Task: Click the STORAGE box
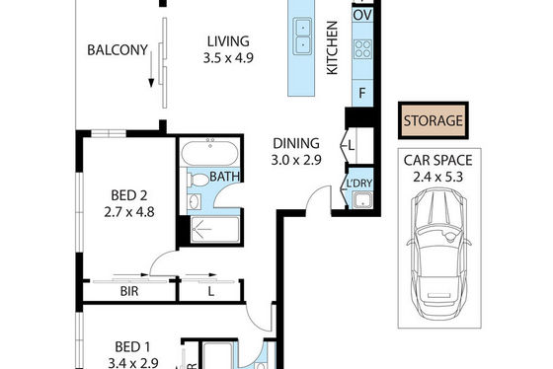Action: (x=434, y=120)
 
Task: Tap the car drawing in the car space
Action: (x=438, y=253)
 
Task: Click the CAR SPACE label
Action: (x=437, y=161)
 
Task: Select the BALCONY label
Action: (x=118, y=50)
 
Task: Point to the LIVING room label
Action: (x=228, y=41)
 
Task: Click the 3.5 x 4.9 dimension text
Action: (x=228, y=58)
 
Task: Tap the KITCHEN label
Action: (x=332, y=48)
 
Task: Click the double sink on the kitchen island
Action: (x=302, y=37)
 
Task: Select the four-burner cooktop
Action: (x=362, y=49)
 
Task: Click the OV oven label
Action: (x=362, y=16)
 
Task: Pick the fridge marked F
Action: (x=362, y=93)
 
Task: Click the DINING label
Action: (x=296, y=143)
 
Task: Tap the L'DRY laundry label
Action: (x=359, y=184)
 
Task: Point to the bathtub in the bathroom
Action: (x=209, y=153)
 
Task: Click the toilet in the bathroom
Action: (x=198, y=181)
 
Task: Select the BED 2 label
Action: (x=129, y=195)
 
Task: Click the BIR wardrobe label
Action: (x=129, y=291)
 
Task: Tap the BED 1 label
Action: (x=132, y=347)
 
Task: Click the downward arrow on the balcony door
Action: (x=151, y=69)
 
